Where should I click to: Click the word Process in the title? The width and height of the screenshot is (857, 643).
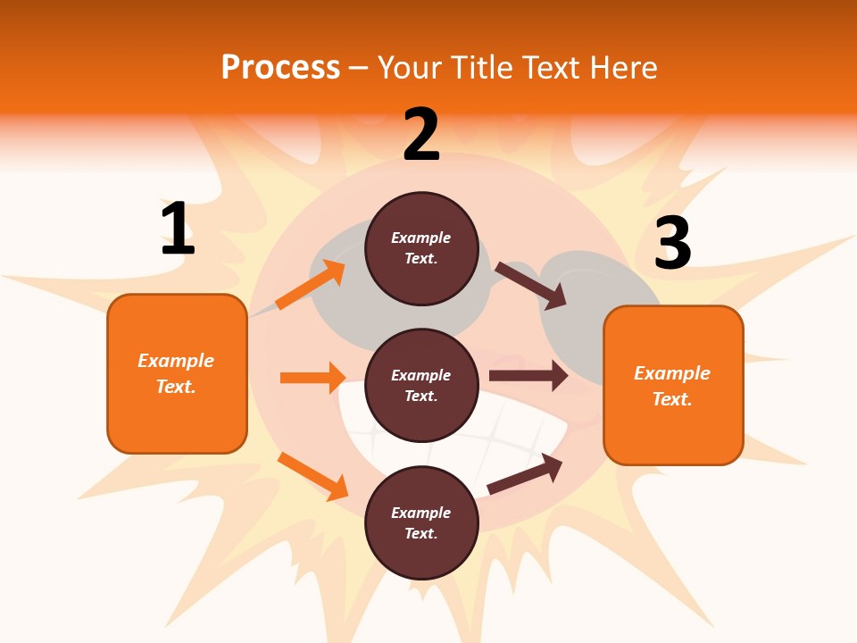coord(280,68)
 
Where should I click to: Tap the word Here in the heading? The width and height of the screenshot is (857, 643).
coord(622,68)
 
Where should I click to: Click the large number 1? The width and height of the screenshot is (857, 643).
coord(178,229)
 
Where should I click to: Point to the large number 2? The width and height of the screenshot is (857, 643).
coord(421,135)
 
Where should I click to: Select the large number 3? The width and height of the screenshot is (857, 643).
coord(672,244)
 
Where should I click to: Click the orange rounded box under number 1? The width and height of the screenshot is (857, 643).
coord(177,373)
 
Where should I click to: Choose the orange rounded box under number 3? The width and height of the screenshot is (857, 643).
coord(673,385)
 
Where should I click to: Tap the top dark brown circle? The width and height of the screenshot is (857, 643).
coord(421,248)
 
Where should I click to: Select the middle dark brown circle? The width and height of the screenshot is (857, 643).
coord(421,385)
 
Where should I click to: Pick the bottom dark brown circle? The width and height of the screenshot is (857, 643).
coord(421,522)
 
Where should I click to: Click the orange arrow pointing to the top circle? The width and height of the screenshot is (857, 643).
coord(310,285)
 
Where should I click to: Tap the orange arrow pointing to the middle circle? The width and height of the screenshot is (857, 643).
coord(312,378)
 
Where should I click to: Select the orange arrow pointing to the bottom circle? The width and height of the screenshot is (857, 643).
coord(312,476)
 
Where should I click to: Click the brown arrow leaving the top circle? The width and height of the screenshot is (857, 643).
coord(531,285)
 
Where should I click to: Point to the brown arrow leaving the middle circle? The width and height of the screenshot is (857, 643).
coord(528,376)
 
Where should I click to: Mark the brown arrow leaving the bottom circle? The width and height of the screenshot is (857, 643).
coord(526,473)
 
